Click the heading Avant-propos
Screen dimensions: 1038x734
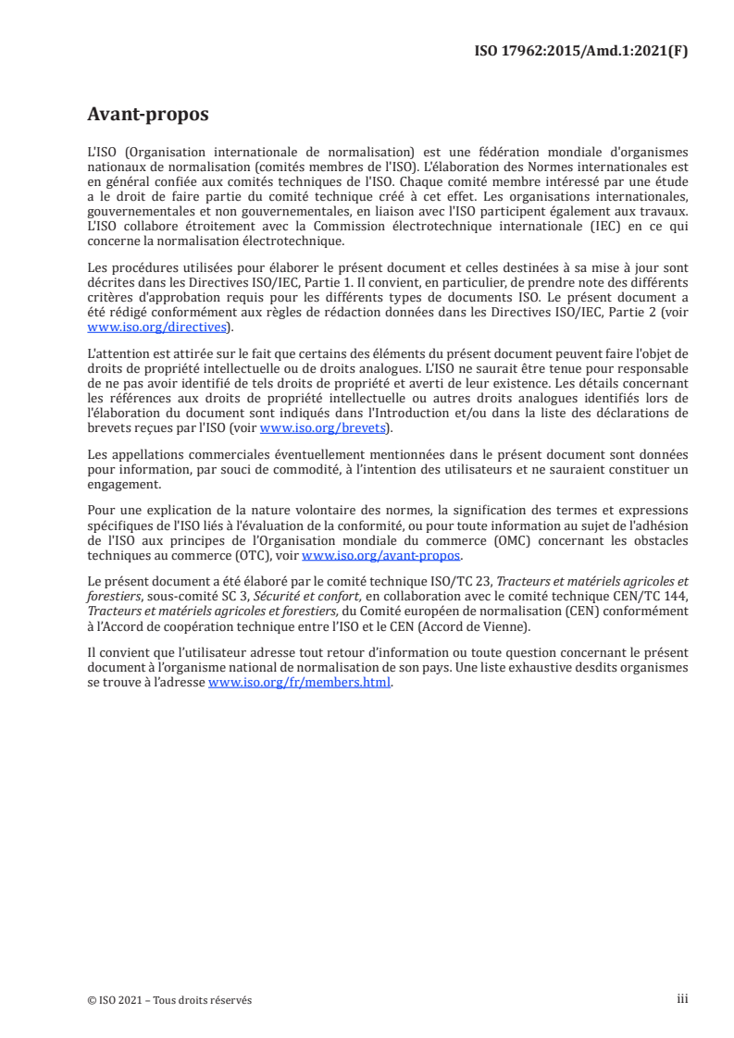[x=148, y=115]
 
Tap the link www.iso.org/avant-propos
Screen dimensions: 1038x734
[x=381, y=555]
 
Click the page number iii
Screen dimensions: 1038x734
[x=682, y=999]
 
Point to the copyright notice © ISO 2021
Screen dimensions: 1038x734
[x=124, y=1000]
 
